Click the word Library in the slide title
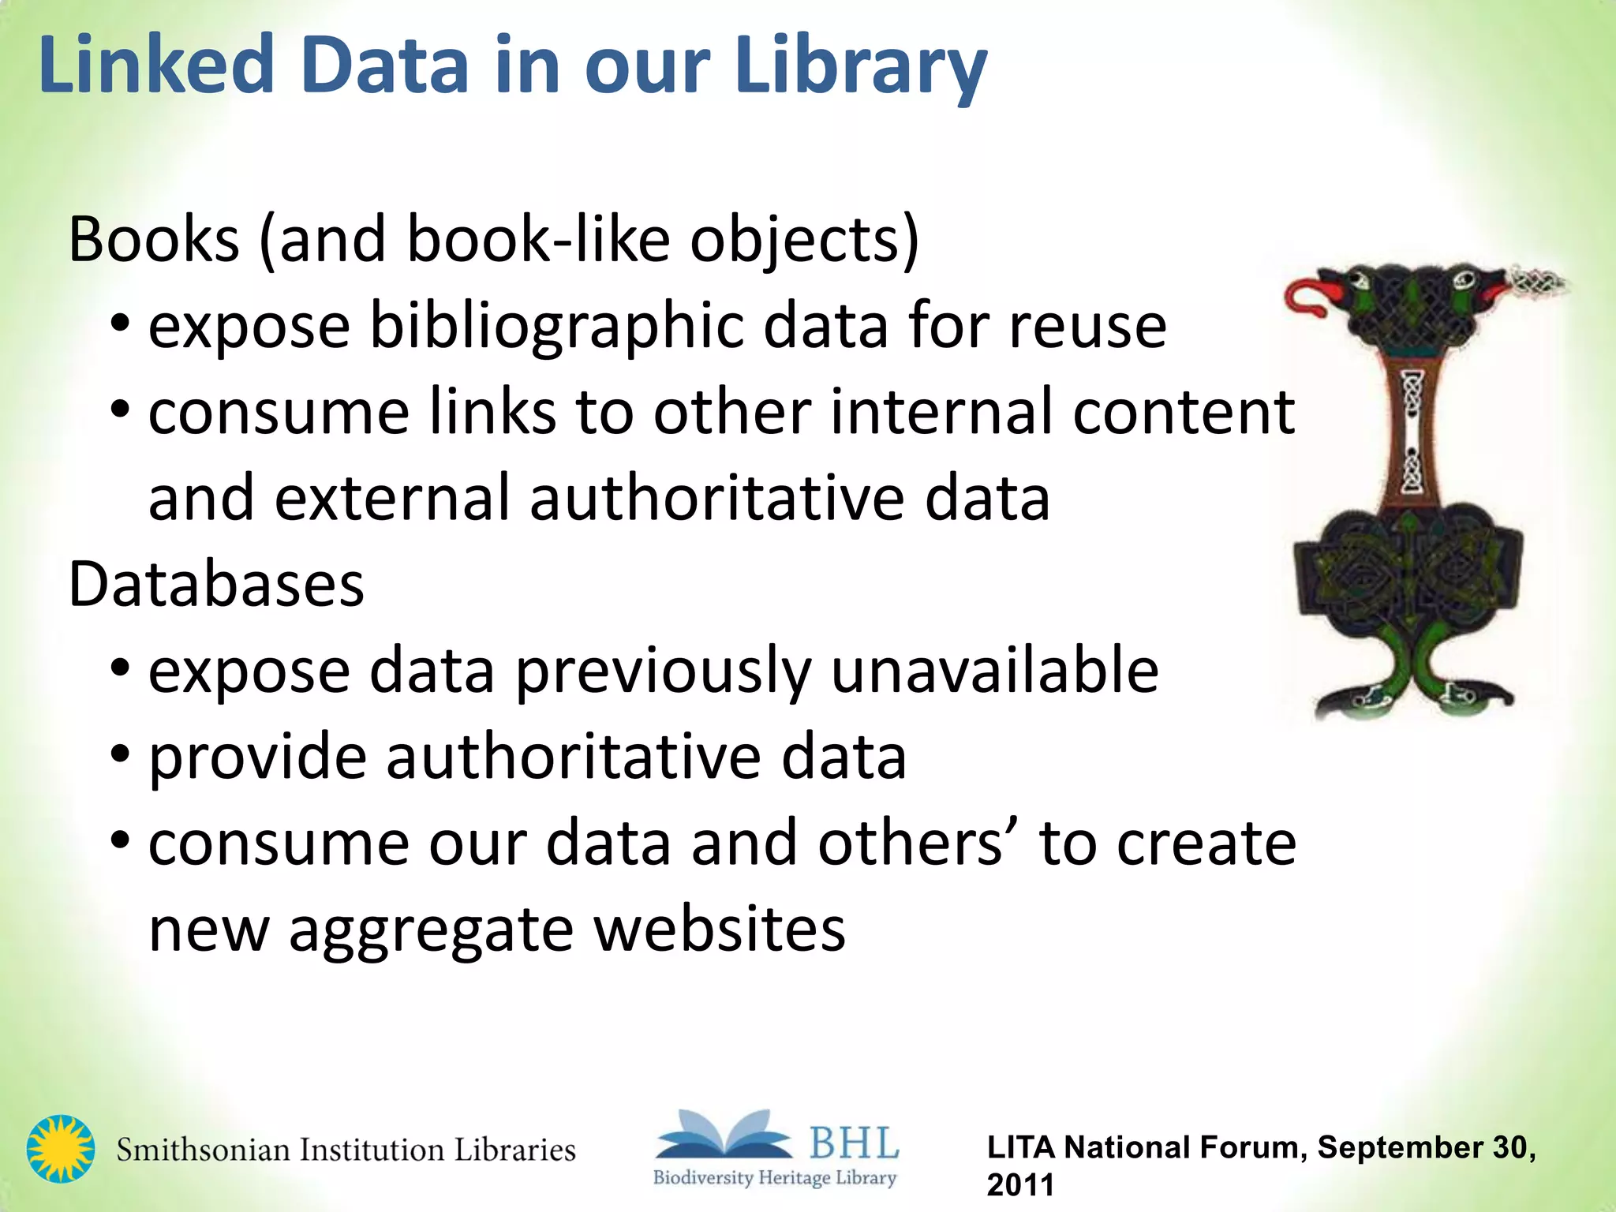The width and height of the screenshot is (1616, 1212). pos(860,67)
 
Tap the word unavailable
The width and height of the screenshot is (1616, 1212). pos(995,671)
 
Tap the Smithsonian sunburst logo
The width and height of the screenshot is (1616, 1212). pos(61,1148)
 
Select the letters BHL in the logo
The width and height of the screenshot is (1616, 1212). pos(854,1143)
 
